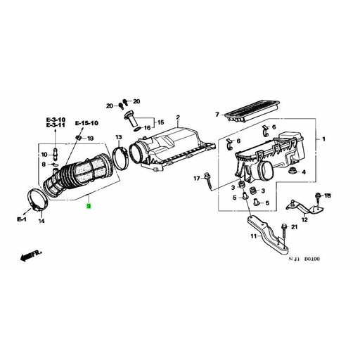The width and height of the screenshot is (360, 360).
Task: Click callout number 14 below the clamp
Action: click(x=41, y=221)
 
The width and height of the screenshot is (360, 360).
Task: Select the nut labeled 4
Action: click(x=302, y=170)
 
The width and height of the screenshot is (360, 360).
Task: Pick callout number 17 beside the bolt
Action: click(x=198, y=179)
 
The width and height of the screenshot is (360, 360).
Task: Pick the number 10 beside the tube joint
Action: click(x=44, y=154)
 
